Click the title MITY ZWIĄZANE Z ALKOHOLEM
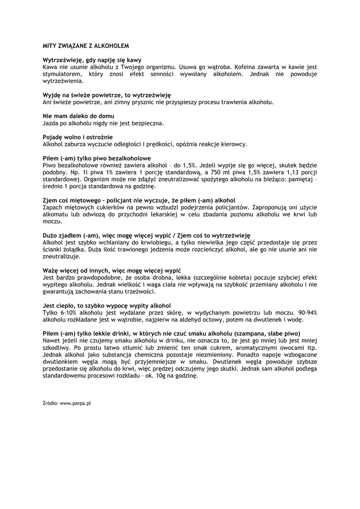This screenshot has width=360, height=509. [86, 45]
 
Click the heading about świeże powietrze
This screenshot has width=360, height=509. [107, 94]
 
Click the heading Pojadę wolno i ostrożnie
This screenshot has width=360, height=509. [78, 137]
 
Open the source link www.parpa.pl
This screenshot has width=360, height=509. [75, 404]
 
